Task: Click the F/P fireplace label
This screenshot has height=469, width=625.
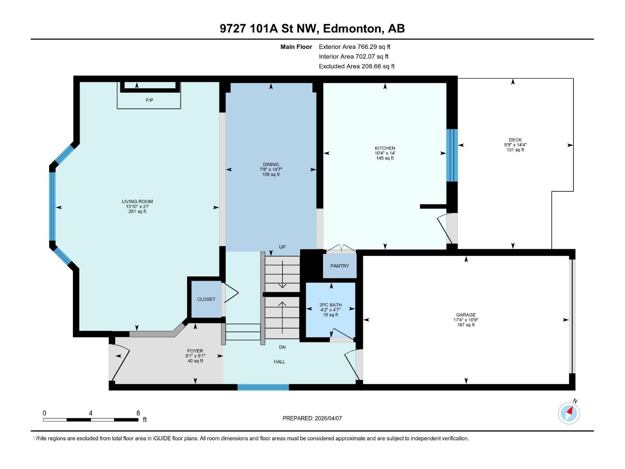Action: pyautogui.click(x=149, y=100)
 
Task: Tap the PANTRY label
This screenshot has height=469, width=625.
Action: pyautogui.click(x=339, y=266)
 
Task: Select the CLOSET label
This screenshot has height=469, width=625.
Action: pyautogui.click(x=206, y=299)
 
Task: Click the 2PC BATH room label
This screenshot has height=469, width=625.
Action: pyautogui.click(x=330, y=305)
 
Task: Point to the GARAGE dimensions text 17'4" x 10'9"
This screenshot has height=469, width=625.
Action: pyautogui.click(x=466, y=320)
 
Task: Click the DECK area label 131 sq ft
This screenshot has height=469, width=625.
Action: pyautogui.click(x=515, y=150)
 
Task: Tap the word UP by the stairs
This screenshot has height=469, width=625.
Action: pyautogui.click(x=282, y=247)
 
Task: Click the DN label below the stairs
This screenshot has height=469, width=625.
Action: pyautogui.click(x=282, y=347)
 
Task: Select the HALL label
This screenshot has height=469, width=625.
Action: pyautogui.click(x=279, y=362)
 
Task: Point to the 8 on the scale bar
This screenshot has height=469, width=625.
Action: pyautogui.click(x=138, y=413)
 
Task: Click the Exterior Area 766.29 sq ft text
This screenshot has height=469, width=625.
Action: pyautogui.click(x=354, y=47)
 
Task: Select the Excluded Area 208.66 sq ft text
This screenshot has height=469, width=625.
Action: pyautogui.click(x=356, y=66)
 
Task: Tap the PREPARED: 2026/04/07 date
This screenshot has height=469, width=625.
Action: pyautogui.click(x=312, y=418)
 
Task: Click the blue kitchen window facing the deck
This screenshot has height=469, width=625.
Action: pyautogui.click(x=452, y=155)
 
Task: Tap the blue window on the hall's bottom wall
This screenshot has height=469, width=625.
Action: pyautogui.click(x=263, y=387)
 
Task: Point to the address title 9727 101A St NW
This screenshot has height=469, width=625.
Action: pyautogui.click(x=269, y=29)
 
